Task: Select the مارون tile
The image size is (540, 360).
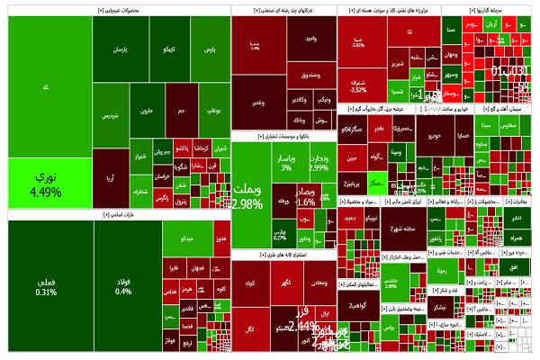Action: pos(145,113)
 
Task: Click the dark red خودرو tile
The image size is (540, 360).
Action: pos(436,135)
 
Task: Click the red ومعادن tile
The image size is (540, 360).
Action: pos(319,284)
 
